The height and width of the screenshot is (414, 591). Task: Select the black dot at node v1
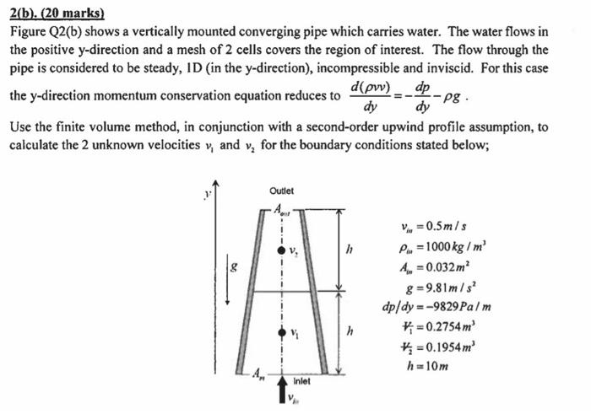coord(281,331)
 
